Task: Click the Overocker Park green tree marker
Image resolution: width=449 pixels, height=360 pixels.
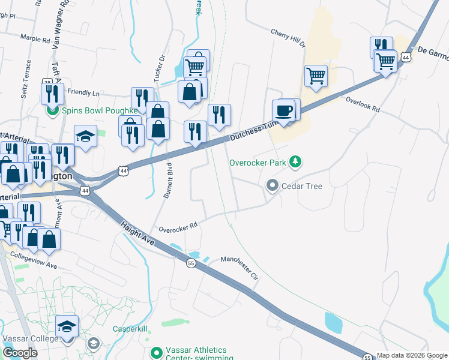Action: tap(295, 161)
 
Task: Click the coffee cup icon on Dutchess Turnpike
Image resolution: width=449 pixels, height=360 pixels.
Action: tap(284, 110)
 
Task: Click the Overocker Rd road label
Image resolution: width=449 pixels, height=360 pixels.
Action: tap(178, 228)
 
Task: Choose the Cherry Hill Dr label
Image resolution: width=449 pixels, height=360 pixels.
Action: tap(288, 38)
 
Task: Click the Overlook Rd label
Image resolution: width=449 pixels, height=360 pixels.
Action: tap(363, 104)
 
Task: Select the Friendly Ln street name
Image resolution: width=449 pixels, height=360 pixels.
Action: tap(83, 92)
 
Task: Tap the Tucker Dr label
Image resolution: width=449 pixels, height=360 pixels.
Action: tap(159, 70)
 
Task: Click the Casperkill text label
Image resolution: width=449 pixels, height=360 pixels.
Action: tap(131, 329)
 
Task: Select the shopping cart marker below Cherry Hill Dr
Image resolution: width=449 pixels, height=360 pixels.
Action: tap(316, 76)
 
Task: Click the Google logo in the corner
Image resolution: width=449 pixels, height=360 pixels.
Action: tap(20, 353)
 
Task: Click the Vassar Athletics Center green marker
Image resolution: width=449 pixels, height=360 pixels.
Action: tap(157, 352)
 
